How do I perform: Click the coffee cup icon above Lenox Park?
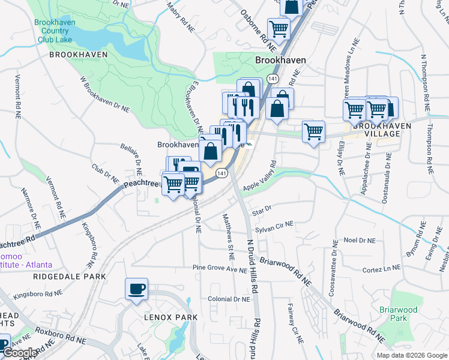(136, 289)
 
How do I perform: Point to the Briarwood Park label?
(398, 314)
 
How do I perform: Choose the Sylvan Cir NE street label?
(274, 227)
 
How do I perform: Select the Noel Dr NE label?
(360, 240)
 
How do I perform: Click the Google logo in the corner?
(20, 353)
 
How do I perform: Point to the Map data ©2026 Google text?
(412, 355)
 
